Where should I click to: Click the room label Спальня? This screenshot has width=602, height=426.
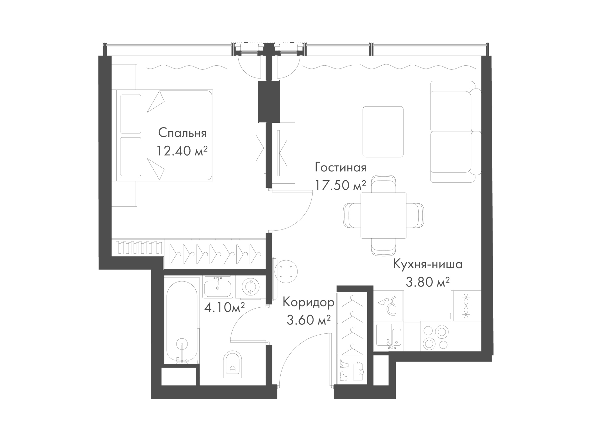(x=182, y=133)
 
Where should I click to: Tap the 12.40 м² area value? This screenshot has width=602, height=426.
(x=182, y=151)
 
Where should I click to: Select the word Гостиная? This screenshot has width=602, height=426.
(x=341, y=167)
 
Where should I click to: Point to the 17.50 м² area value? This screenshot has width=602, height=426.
(x=341, y=185)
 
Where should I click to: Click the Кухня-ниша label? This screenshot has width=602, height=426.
(x=428, y=264)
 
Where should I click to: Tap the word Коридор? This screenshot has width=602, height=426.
(x=309, y=302)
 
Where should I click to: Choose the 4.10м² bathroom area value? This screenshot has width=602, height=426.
(x=224, y=307)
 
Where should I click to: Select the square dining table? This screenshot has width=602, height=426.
(x=383, y=215)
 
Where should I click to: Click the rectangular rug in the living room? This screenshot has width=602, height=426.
(x=383, y=132)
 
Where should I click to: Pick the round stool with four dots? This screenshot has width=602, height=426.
(x=286, y=271)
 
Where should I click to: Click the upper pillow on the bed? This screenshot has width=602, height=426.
(x=130, y=114)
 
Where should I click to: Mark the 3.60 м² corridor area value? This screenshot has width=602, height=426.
(x=309, y=320)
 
